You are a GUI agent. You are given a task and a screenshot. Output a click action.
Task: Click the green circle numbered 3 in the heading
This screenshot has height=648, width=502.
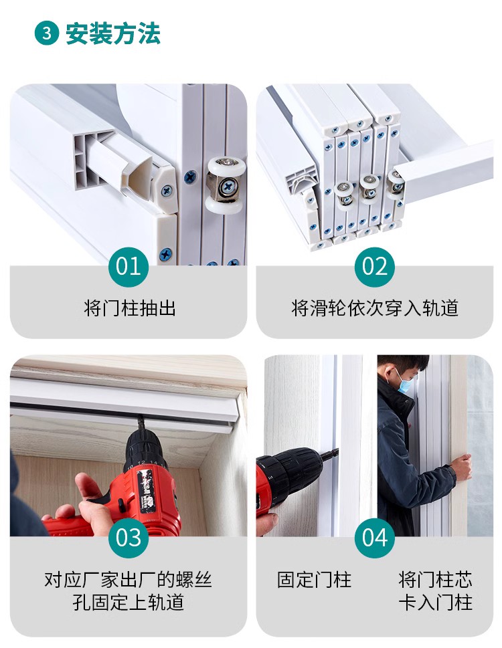coord(47,33)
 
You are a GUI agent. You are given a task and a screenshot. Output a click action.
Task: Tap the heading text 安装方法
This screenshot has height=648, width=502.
coord(113,33)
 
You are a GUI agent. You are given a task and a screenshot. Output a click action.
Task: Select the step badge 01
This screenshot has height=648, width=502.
coord(129,267)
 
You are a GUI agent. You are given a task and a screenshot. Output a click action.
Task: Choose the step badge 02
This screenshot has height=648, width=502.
coord(374,267)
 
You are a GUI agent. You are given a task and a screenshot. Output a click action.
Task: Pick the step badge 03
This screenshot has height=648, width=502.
coord(129,538)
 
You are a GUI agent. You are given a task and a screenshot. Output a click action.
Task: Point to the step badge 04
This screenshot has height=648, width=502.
coord(374,538)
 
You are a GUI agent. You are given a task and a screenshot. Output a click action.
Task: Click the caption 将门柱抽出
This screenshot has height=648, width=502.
coord(130,308)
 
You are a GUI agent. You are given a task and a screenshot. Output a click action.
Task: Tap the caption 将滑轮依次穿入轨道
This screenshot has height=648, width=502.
coord(375,308)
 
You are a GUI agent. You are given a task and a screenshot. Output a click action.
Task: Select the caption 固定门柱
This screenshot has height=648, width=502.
coord(315,580)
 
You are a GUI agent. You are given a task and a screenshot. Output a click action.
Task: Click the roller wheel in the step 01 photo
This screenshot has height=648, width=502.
coord(226,185)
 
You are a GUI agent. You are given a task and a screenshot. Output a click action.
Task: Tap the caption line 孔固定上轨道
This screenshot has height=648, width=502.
coord(129,602)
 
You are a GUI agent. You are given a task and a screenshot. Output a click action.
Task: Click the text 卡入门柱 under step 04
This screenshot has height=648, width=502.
coord(436,602)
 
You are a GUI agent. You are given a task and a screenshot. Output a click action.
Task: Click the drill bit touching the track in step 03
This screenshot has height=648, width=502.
coord(141,424)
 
